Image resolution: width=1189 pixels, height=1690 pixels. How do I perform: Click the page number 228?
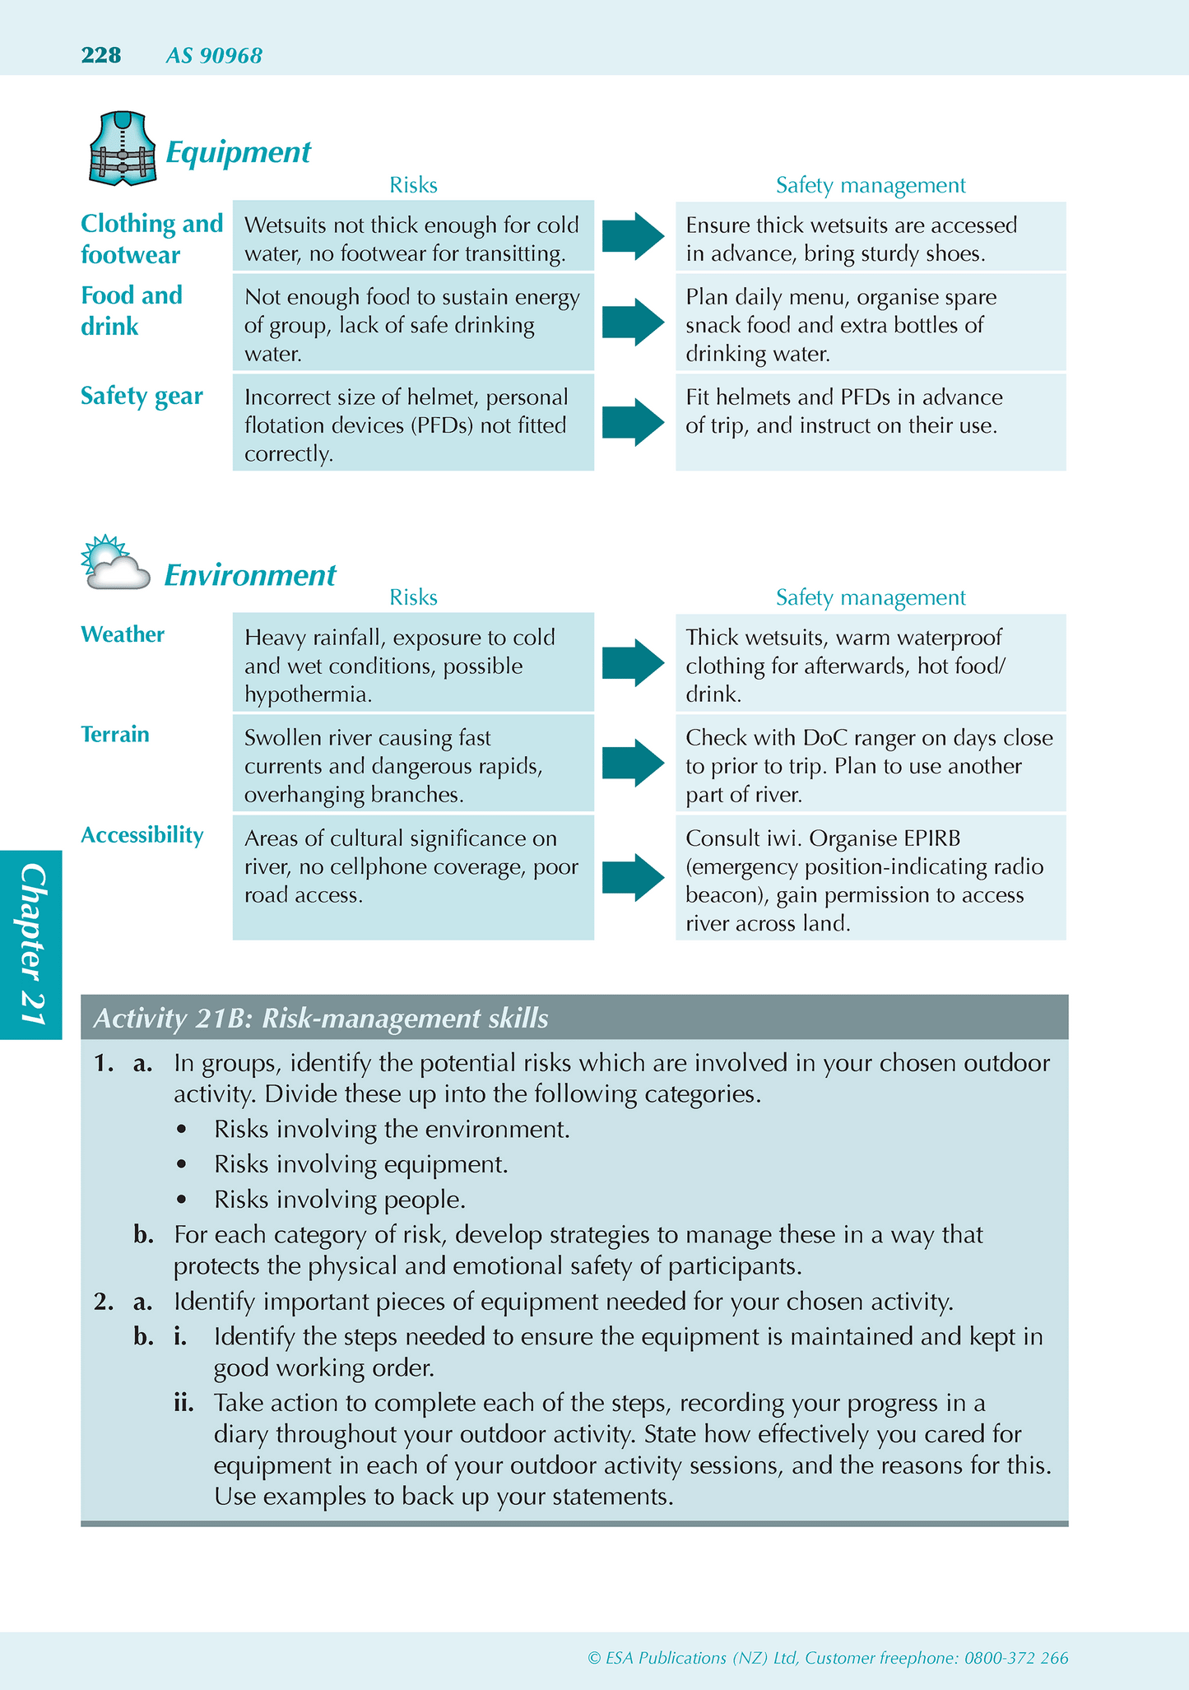pyautogui.click(x=101, y=55)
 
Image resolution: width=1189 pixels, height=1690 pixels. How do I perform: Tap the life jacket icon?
pyautogui.click(x=122, y=149)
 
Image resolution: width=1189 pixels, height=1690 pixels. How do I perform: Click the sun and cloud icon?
pyautogui.click(x=116, y=564)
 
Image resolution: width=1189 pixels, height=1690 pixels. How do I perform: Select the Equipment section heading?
pyautogui.click(x=238, y=152)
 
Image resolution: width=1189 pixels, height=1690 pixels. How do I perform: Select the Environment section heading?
pyautogui.click(x=250, y=575)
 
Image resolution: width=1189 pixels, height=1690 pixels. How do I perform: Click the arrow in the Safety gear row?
pyautogui.click(x=633, y=423)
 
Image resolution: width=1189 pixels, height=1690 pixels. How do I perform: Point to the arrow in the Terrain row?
pyautogui.click(x=633, y=763)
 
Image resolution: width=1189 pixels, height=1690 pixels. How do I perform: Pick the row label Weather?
pyautogui.click(x=123, y=634)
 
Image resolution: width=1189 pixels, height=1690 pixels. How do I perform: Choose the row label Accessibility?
pyautogui.click(x=142, y=835)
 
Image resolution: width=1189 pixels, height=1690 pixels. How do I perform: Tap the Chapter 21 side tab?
pyautogui.click(x=31, y=945)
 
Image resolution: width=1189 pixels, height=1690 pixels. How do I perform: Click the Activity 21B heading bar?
pyautogui.click(x=574, y=1018)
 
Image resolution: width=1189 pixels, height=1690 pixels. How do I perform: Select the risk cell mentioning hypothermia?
pyautogui.click(x=413, y=666)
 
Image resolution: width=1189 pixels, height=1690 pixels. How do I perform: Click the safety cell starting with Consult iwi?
pyautogui.click(x=870, y=880)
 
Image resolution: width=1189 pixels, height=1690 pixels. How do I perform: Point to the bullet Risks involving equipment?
pyautogui.click(x=360, y=1164)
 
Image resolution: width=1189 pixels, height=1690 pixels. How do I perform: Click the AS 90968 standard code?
pyautogui.click(x=214, y=56)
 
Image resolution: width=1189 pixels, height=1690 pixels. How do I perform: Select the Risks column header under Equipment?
pyautogui.click(x=413, y=185)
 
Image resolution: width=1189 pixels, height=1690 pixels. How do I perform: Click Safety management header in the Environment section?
pyautogui.click(x=871, y=597)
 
